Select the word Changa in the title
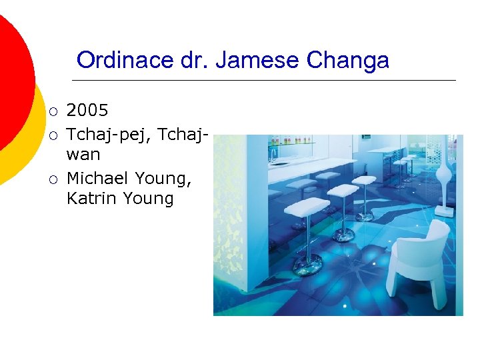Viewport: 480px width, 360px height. [347, 61]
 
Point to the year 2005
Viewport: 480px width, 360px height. [87, 110]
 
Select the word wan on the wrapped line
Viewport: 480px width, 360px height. [83, 155]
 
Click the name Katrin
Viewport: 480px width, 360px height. [91, 198]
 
